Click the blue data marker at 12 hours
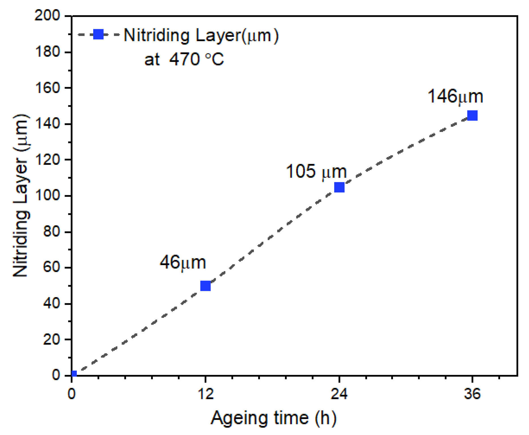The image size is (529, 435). point(205,286)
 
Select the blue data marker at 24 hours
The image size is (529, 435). point(339,187)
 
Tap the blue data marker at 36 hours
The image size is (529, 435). point(472,115)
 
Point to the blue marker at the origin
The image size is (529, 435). point(74,374)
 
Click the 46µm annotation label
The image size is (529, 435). point(183,262)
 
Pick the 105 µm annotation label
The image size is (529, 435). point(316,171)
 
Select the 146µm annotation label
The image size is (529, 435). point(455,96)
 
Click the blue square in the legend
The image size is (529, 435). point(98,34)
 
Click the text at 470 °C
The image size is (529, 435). point(184,59)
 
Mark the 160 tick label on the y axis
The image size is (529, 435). point(47,88)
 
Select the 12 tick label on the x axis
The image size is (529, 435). point(205,394)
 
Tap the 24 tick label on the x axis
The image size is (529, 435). point(339,394)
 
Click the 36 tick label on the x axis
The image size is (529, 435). point(472,394)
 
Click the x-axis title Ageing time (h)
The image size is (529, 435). point(273,418)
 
